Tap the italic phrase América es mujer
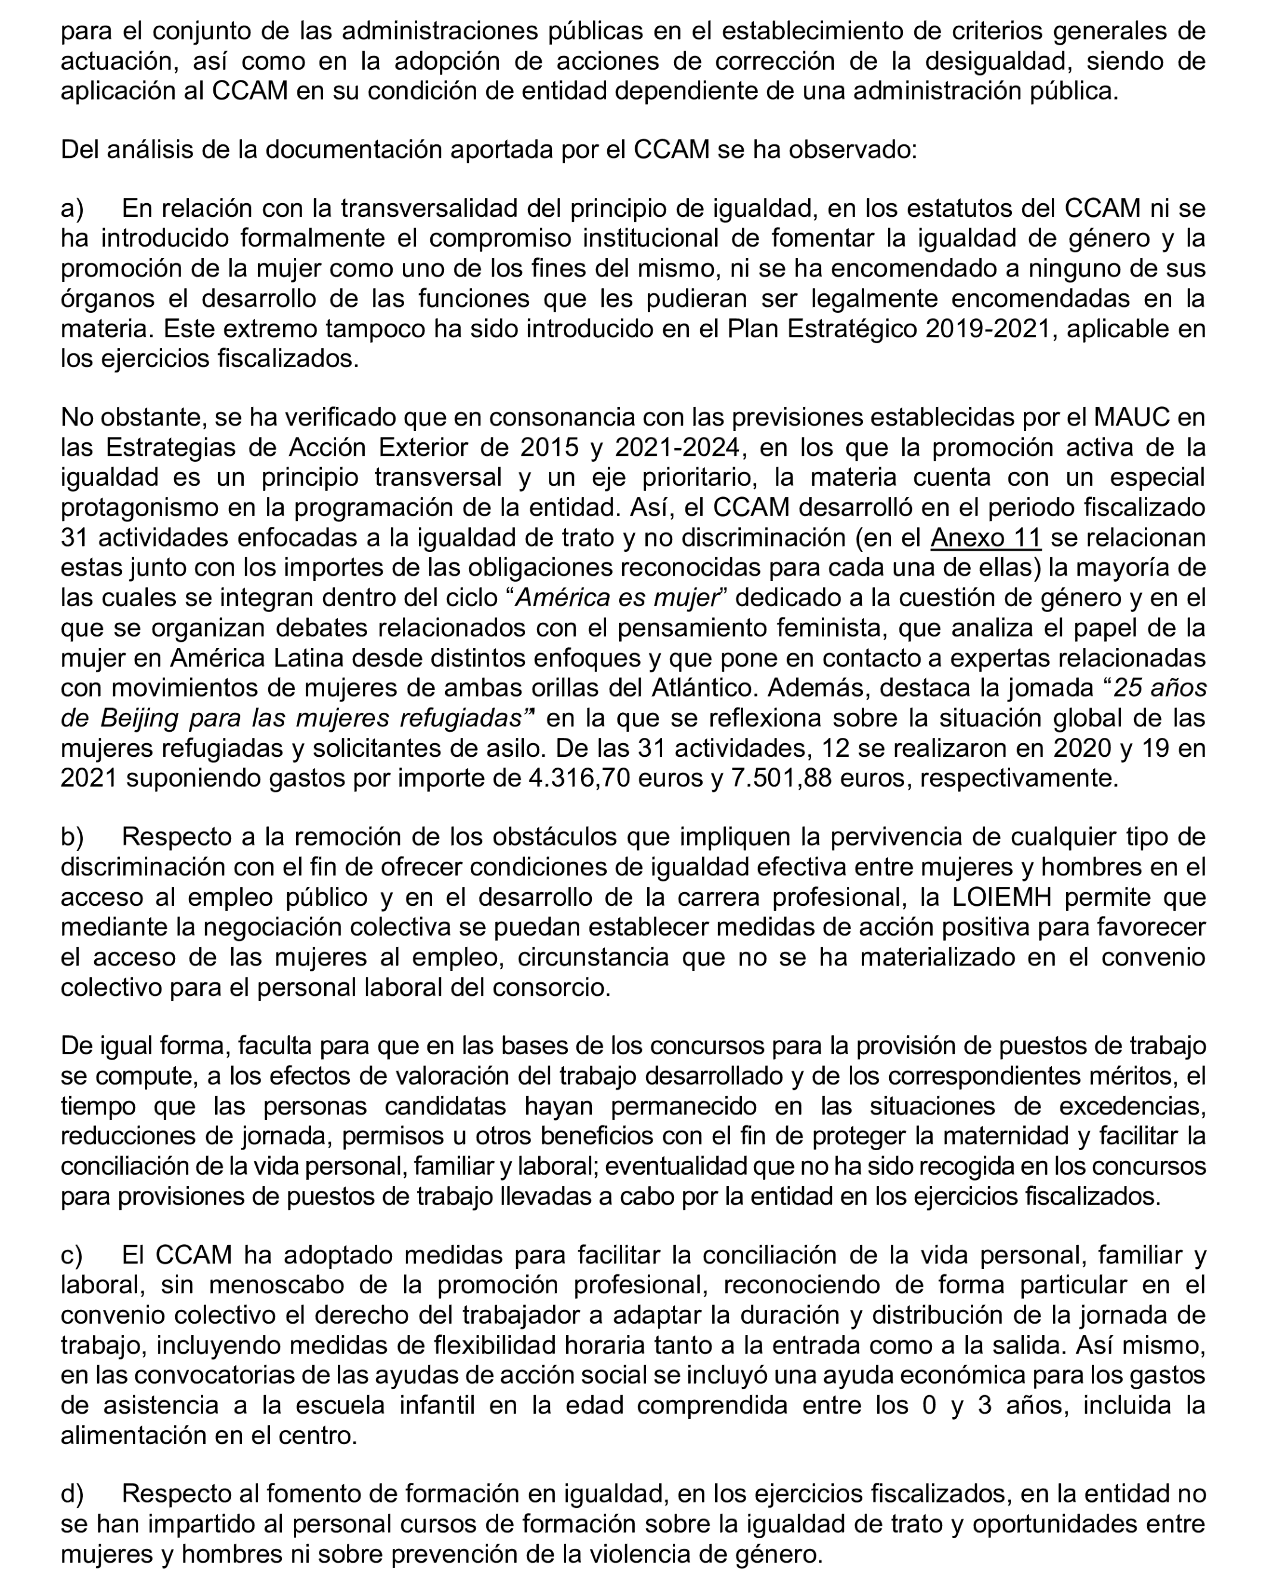(x=617, y=598)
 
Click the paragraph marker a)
(x=72, y=209)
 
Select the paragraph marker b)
(x=72, y=837)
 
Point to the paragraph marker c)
(x=72, y=1255)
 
